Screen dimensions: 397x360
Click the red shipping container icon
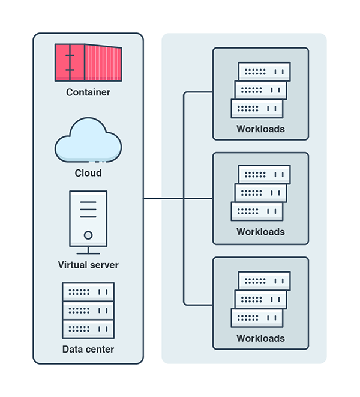(x=88, y=62)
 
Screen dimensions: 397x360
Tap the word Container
(x=88, y=92)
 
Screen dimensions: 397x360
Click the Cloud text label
(x=88, y=173)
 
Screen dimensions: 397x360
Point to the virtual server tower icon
(x=88, y=217)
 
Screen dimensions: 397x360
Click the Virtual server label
(x=88, y=265)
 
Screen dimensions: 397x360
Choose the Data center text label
(x=88, y=349)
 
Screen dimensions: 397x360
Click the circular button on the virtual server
(x=88, y=235)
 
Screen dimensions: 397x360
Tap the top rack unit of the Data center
(x=88, y=292)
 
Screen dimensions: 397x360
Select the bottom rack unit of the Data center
(x=88, y=329)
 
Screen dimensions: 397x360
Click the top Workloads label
(x=260, y=129)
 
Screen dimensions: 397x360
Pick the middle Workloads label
(x=260, y=232)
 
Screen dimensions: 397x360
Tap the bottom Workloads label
(x=260, y=338)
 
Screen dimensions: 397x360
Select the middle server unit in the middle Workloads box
(x=260, y=193)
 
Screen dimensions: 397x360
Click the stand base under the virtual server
(x=88, y=252)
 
